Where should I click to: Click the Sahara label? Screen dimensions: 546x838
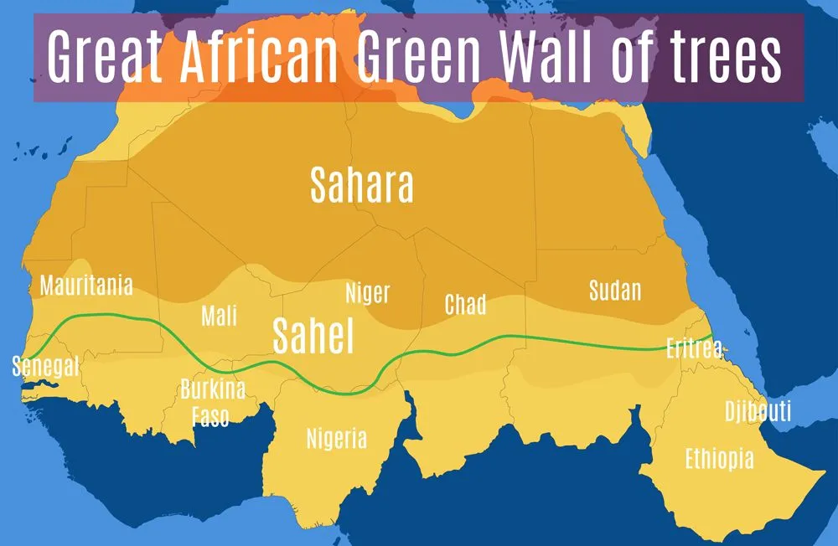(x=361, y=185)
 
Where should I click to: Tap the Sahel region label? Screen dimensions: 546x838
(x=313, y=336)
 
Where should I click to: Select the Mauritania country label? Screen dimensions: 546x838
(x=86, y=286)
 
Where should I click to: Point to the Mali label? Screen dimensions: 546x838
(x=219, y=316)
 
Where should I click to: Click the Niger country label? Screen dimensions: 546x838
(x=367, y=293)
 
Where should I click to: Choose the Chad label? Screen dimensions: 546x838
(x=465, y=304)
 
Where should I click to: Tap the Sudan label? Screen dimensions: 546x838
(x=614, y=291)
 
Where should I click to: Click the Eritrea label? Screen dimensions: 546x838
(x=693, y=348)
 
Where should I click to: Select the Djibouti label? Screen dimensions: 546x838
(x=758, y=411)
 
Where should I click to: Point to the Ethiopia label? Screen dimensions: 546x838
(x=719, y=459)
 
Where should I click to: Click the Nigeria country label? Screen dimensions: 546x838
(x=336, y=438)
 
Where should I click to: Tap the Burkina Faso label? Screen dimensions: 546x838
(x=212, y=402)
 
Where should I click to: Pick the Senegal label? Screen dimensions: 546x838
(x=45, y=366)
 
